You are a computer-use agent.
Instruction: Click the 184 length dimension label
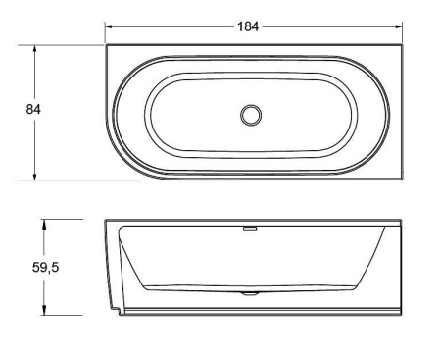click(248, 26)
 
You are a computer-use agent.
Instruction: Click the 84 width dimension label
click(33, 109)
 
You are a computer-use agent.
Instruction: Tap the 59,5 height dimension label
click(45, 268)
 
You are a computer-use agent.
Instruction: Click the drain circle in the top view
click(251, 115)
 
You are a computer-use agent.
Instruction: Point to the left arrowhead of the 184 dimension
click(109, 26)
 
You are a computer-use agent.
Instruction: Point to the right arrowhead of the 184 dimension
click(399, 26)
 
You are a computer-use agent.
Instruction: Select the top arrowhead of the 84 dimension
click(34, 49)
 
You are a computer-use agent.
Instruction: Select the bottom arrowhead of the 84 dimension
click(34, 176)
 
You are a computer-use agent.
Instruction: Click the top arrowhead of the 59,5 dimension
click(44, 224)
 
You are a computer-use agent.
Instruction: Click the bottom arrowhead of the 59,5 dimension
click(44, 311)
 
